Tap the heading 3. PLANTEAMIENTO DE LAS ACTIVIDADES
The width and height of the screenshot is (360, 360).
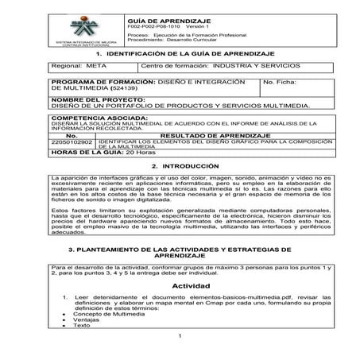point(179,253)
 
